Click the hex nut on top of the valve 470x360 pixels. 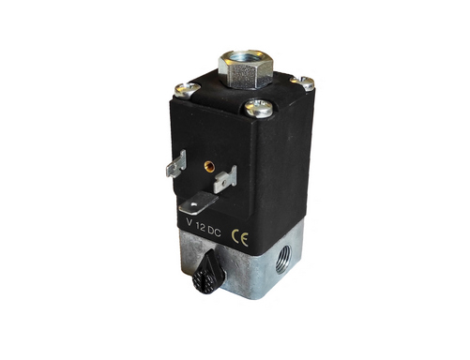[245, 70]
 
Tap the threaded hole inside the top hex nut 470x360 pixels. [245, 58]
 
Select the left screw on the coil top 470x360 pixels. [187, 90]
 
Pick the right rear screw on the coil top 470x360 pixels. [302, 82]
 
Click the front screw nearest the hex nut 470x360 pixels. [259, 108]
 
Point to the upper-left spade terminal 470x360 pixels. [176, 163]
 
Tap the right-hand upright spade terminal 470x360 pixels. [225, 179]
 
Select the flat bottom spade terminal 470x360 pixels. [198, 203]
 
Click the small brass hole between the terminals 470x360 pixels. [209, 166]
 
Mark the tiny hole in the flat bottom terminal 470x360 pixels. [194, 205]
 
